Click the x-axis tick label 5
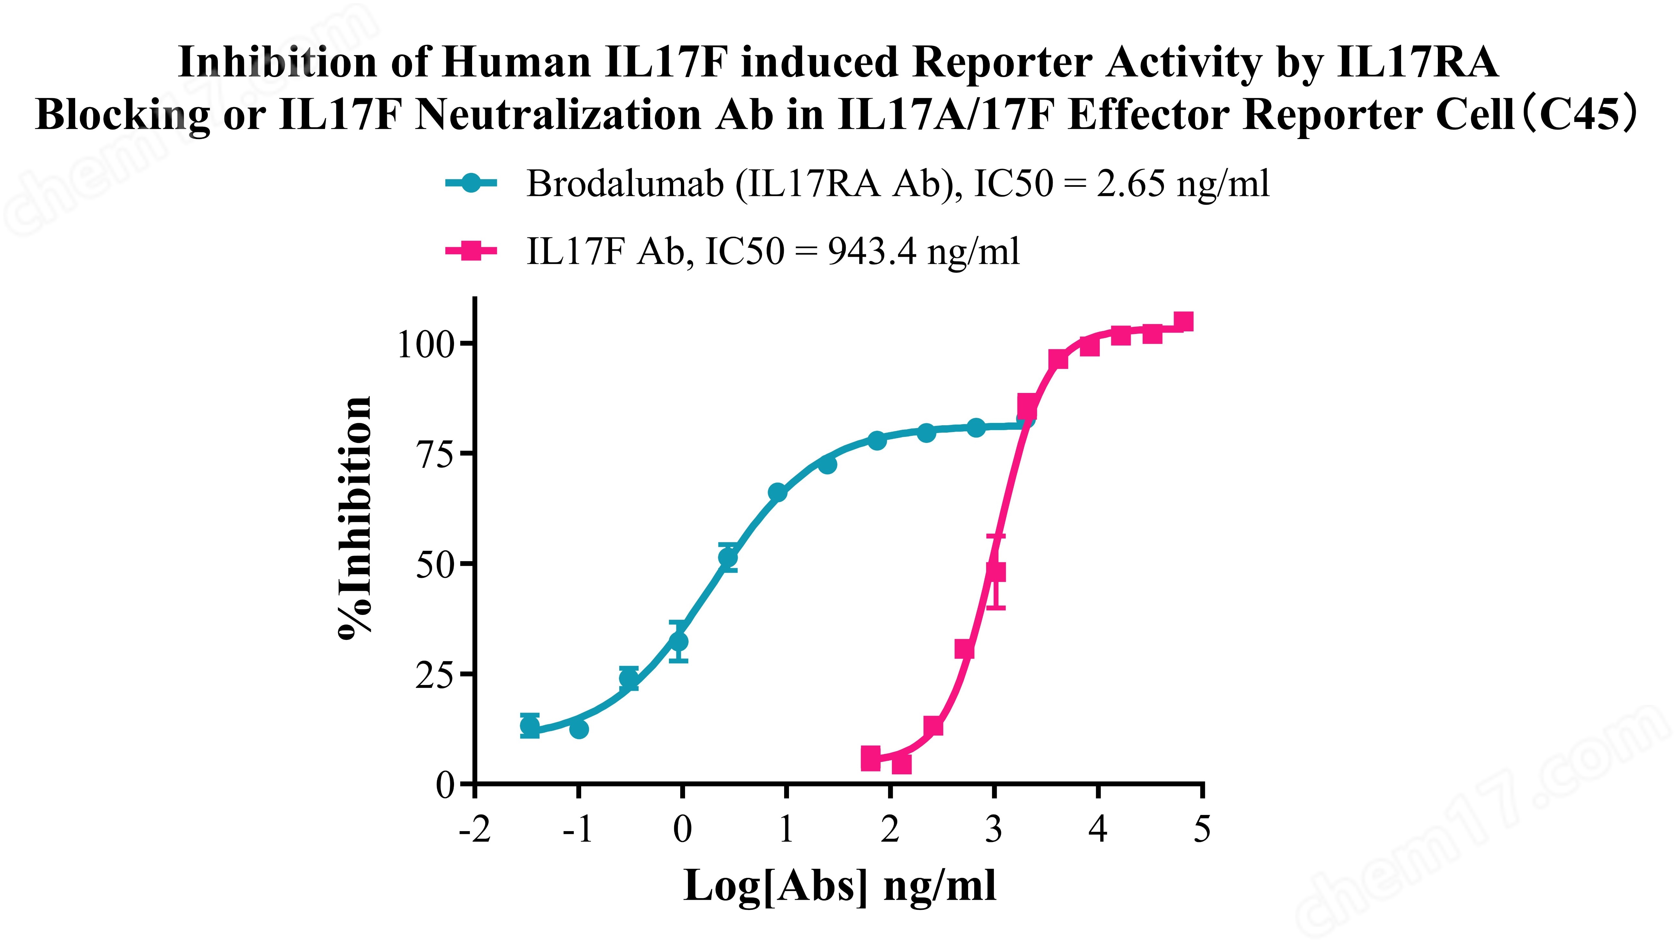(1202, 829)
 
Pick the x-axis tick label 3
(994, 829)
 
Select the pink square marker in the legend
(471, 251)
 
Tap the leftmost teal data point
(530, 725)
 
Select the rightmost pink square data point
(1184, 322)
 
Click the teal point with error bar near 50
(728, 558)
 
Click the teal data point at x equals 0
(679, 642)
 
